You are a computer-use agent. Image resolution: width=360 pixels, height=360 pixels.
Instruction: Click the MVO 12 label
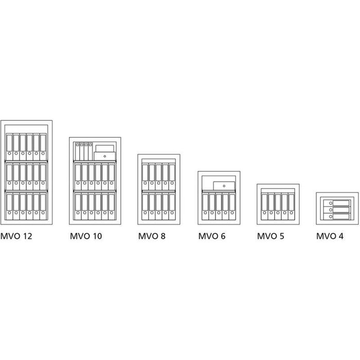point(16,236)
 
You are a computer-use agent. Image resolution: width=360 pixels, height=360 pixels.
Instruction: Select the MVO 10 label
point(86,236)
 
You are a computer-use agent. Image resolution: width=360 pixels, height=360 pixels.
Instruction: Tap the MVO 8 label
point(152,236)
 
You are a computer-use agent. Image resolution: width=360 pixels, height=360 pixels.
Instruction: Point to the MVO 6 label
point(212,236)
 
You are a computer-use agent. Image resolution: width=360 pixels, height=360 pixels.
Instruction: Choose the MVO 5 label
point(271,236)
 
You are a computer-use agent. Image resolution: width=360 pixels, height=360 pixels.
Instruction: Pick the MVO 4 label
point(330,236)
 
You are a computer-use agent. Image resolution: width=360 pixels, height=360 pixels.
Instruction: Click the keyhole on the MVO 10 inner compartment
point(105,156)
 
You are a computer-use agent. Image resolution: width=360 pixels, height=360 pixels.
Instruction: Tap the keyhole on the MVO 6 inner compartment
point(224,186)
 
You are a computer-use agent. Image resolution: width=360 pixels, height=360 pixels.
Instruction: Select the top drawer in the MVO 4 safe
point(337,203)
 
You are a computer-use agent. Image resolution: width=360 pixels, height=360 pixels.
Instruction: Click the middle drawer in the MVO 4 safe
point(337,210)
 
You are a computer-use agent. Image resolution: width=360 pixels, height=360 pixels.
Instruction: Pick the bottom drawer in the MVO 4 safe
point(337,217)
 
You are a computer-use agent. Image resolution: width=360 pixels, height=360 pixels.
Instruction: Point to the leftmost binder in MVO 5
point(264,207)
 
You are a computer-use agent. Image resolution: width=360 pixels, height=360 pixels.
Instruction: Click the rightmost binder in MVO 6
point(232,207)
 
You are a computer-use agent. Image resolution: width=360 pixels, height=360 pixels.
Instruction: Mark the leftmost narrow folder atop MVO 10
point(77,152)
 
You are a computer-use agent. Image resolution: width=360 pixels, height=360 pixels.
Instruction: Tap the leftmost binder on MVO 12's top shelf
point(9,147)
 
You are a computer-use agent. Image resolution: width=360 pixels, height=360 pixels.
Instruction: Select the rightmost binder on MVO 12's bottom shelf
point(43,206)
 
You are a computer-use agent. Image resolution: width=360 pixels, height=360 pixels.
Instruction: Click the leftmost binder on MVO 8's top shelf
point(145,177)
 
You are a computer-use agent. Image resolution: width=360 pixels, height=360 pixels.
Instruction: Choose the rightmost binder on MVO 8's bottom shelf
point(172,206)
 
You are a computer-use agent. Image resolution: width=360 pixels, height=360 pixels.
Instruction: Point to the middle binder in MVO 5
point(278,207)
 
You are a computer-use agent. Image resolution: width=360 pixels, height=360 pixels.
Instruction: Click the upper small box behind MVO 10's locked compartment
point(105,148)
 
